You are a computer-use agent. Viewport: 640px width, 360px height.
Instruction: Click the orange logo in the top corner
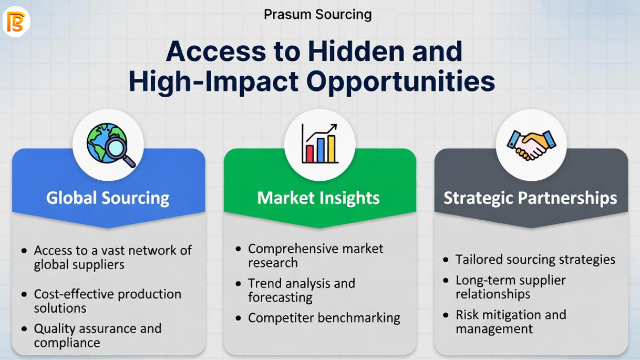coord(16,22)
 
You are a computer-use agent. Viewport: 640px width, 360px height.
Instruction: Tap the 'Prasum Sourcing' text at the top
coord(318,15)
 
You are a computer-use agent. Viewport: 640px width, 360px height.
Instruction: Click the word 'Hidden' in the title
coord(356,52)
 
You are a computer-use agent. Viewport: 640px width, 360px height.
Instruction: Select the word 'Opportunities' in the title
coord(400,82)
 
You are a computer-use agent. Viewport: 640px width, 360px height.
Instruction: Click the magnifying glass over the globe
coord(119,152)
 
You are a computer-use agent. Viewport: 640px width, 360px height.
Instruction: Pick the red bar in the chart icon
coord(309,153)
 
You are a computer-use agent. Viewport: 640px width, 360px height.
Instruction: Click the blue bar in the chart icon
coord(321,150)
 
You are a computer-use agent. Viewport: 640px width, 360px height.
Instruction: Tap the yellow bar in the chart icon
coord(331,149)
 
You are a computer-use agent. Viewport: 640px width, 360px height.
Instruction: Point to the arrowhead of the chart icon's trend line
coord(334,127)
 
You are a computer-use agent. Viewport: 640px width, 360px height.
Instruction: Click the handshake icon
coord(531,145)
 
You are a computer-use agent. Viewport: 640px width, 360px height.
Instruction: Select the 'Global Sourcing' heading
coord(108,198)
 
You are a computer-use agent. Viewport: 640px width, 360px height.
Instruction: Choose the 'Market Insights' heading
coord(318,198)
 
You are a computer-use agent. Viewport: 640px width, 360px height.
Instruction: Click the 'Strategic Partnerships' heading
coord(530,198)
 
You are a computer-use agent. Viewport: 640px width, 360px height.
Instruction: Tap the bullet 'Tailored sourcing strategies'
coord(535,260)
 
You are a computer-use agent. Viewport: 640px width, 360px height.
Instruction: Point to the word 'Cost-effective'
coord(74,294)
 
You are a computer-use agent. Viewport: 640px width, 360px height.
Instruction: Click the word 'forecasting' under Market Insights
coord(280,297)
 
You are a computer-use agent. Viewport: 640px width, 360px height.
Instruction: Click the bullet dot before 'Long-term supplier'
coord(446,280)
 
